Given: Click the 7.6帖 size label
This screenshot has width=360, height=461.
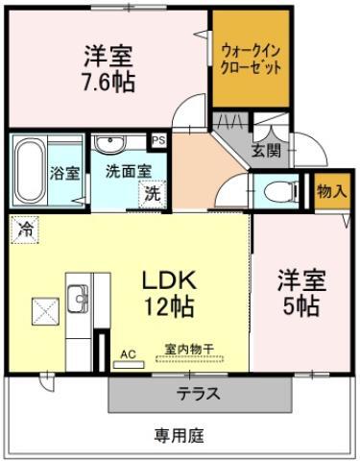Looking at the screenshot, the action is (108, 83).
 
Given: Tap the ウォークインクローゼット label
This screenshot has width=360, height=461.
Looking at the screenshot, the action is (252, 60).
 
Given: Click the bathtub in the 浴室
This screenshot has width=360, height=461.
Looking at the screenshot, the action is (30, 171).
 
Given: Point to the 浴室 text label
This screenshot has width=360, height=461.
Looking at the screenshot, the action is (64, 173).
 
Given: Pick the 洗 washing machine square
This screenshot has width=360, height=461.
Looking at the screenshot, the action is (153, 194).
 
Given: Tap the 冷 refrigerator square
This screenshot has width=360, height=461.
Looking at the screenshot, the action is (25, 230).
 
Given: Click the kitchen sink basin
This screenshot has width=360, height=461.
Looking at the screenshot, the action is (78, 299).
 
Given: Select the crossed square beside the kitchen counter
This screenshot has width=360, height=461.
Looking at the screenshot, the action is (45, 311).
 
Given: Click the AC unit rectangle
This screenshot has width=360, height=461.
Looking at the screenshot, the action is (129, 365).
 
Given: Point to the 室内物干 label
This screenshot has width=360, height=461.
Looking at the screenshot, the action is (189, 349).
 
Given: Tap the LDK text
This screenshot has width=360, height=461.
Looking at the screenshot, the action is (169, 280).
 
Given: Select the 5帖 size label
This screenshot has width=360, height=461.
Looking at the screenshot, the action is (300, 306).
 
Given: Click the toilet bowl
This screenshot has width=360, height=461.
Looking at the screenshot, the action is (279, 193).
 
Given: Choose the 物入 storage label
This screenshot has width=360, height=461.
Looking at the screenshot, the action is (332, 191).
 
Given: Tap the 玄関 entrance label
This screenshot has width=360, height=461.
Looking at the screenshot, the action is (266, 151).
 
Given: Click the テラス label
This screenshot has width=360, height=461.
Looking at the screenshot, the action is (199, 394).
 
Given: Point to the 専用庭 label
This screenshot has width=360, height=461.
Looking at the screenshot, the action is (180, 435).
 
